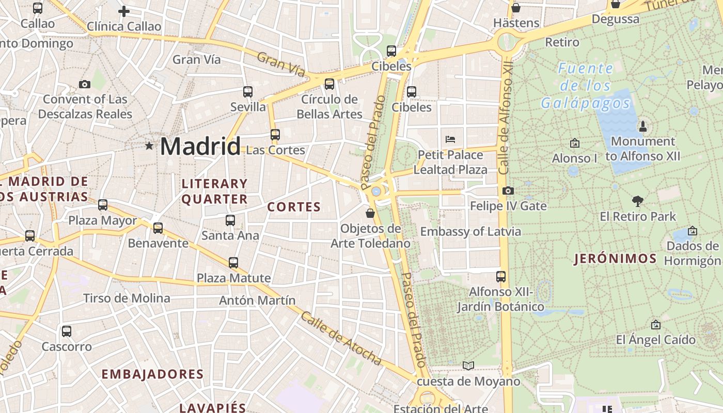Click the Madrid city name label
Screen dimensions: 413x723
click(x=200, y=146)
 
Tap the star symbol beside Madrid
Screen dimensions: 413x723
click(x=149, y=146)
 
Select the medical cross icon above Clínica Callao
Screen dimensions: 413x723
click(x=124, y=11)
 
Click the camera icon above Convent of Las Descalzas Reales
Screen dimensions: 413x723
click(x=85, y=84)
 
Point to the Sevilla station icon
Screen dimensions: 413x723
click(x=248, y=92)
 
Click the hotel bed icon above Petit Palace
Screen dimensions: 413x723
click(x=450, y=139)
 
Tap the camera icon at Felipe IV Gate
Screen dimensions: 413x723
click(x=508, y=191)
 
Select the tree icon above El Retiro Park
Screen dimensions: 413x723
click(x=638, y=201)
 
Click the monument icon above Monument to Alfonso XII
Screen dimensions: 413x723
click(x=643, y=126)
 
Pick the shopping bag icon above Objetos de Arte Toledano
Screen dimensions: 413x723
click(x=370, y=213)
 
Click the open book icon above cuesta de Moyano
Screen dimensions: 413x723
click(x=468, y=366)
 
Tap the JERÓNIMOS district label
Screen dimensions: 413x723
click(x=615, y=259)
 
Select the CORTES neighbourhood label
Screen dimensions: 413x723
click(x=294, y=208)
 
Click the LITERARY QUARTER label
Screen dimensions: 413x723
click(x=214, y=192)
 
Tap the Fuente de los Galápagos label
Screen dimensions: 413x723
click(x=586, y=86)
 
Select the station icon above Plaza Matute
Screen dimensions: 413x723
click(x=233, y=263)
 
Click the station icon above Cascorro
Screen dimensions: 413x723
click(x=67, y=331)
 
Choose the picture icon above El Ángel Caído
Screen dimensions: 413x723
click(x=655, y=325)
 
